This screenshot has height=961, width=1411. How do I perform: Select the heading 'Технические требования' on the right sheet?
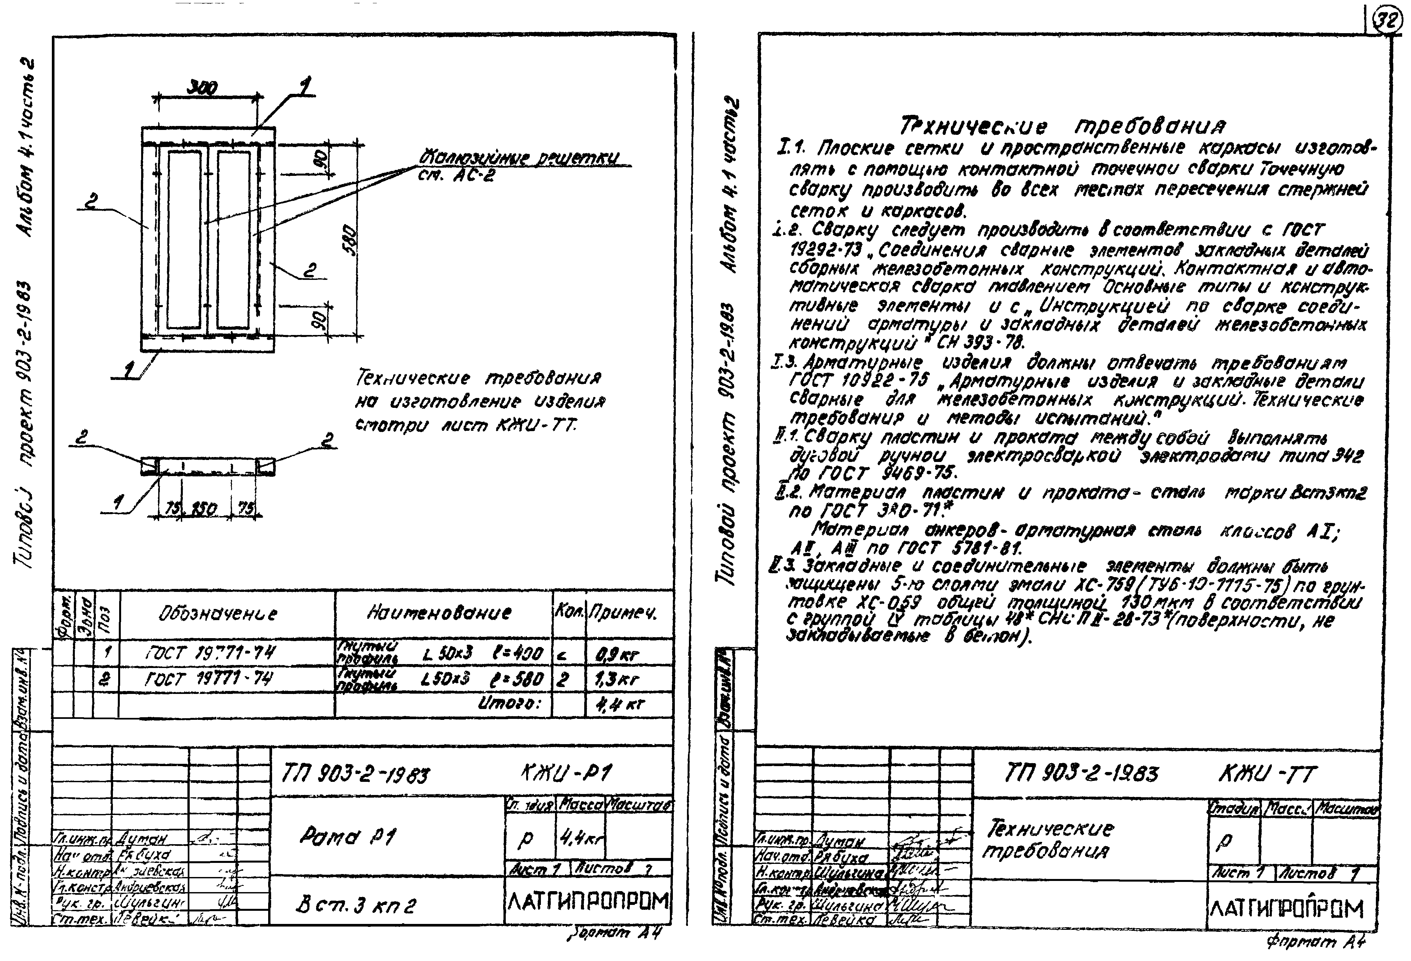point(1062,126)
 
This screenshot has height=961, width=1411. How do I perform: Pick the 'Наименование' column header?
point(439,613)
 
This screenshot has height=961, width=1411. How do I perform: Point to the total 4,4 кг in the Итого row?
point(619,705)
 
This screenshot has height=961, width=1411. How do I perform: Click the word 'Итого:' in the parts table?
point(514,704)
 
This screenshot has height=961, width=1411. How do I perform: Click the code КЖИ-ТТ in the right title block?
point(1267,774)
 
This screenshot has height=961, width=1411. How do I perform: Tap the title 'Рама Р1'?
point(347,838)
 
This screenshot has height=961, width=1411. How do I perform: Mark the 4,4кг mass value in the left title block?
point(580,840)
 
